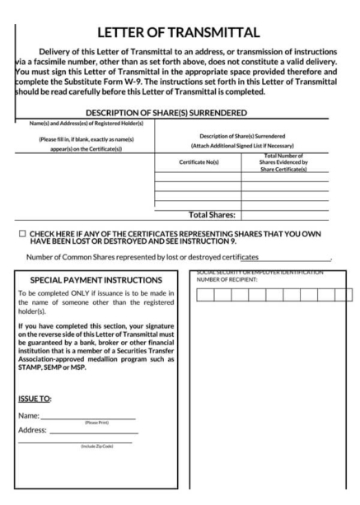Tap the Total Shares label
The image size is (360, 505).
click(x=213, y=215)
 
